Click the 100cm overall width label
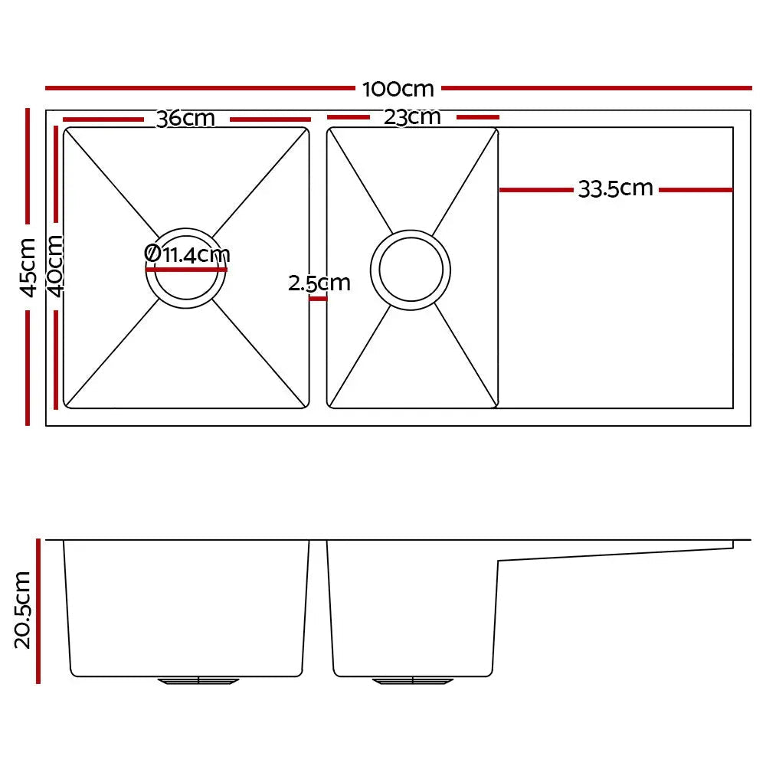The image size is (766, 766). [398, 89]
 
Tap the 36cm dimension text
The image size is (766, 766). [185, 119]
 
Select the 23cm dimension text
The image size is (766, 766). [413, 117]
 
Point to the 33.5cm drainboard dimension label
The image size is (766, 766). [615, 188]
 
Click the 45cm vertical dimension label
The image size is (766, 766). [27, 267]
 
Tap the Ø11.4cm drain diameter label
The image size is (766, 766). [187, 254]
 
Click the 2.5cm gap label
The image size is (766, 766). [319, 283]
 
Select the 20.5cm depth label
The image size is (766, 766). [23, 610]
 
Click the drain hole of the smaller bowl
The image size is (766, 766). [411, 270]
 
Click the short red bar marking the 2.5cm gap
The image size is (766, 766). [318, 299]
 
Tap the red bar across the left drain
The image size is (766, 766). [187, 270]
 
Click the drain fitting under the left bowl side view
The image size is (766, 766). [198, 680]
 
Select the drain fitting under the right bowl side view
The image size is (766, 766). [413, 680]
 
